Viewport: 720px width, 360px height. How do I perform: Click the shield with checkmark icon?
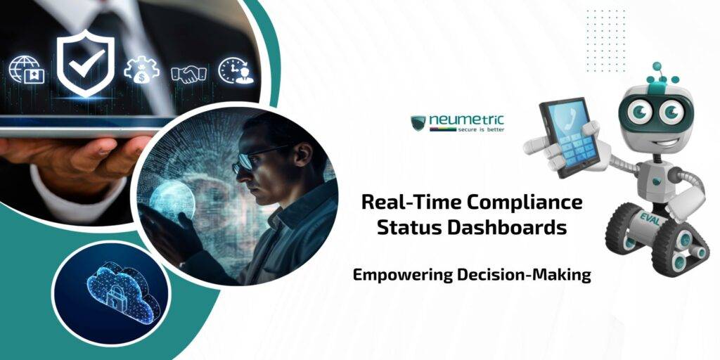point(85,65)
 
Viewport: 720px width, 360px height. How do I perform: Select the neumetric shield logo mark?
point(419,123)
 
